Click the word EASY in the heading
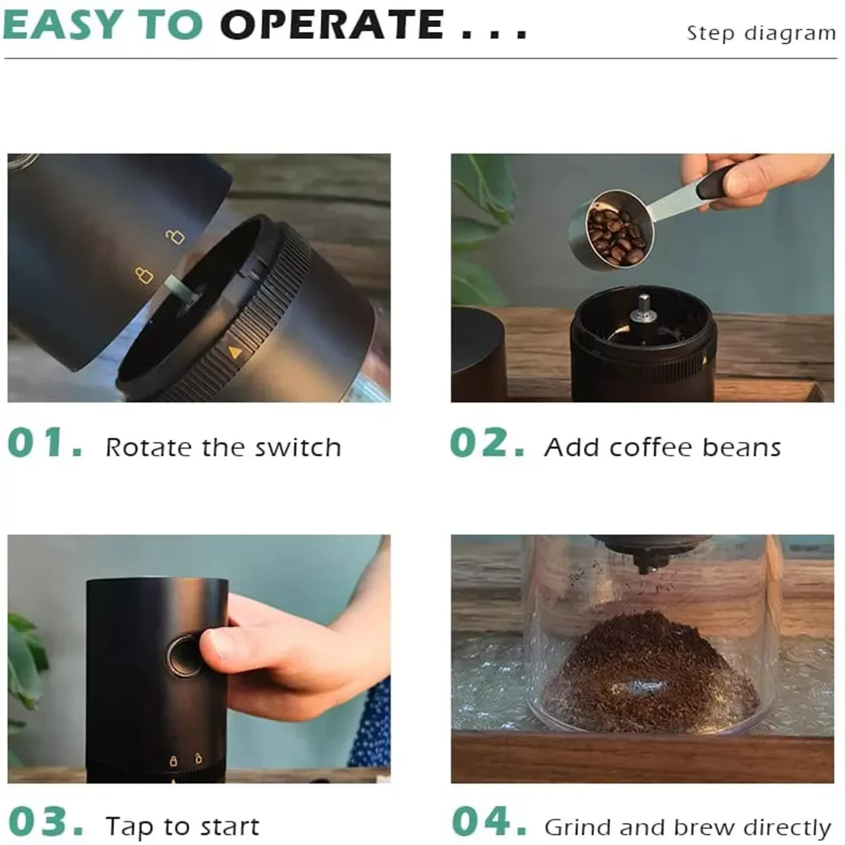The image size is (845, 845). [x=63, y=25]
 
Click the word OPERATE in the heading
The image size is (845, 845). [x=332, y=25]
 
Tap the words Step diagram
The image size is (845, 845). [x=761, y=34]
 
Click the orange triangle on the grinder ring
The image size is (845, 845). [x=234, y=352]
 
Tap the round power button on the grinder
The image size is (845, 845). [x=183, y=656]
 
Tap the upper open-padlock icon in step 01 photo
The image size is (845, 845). [x=175, y=236]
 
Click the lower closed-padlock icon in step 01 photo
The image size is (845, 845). [x=144, y=275]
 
